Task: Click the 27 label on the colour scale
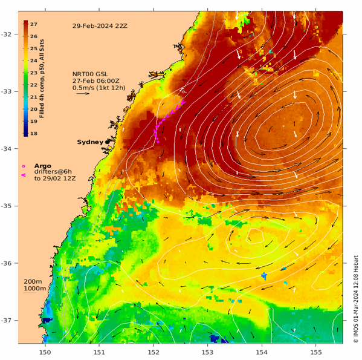coord(34,24)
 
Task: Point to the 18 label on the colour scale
coord(34,133)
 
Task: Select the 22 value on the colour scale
coord(34,85)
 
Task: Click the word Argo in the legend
coord(43,165)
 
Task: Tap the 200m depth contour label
coord(33,281)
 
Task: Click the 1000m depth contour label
coord(34,289)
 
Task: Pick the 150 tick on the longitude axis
coord(45,351)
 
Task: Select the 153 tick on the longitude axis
coord(207,351)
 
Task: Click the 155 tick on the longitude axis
coord(316,351)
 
